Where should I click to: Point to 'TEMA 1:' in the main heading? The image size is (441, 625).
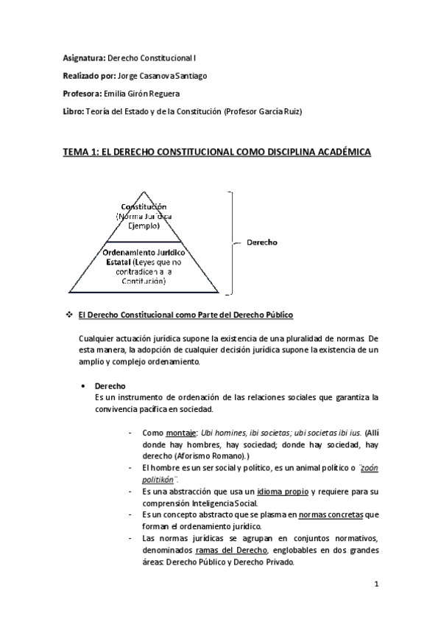(x=84, y=153)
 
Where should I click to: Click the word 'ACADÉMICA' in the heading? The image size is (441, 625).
(x=335, y=153)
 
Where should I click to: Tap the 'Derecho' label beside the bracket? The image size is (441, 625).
(x=261, y=242)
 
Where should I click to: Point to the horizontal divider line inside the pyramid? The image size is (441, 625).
(x=144, y=240)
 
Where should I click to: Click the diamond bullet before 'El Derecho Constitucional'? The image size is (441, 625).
(x=68, y=315)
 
